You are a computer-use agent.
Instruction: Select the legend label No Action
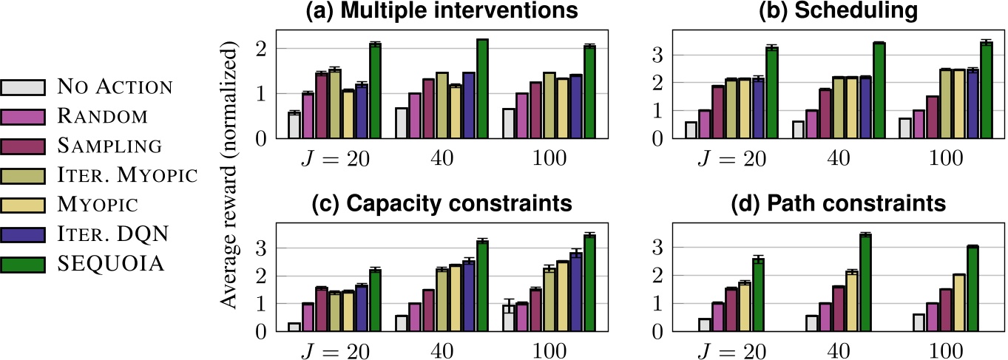pos(114,87)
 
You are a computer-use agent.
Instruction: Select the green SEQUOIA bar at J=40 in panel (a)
pos(482,89)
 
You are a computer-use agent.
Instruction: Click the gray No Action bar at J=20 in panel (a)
pos(294,125)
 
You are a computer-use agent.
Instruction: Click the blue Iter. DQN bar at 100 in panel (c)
pos(576,292)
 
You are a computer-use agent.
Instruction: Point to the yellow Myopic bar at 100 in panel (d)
pos(959,303)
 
